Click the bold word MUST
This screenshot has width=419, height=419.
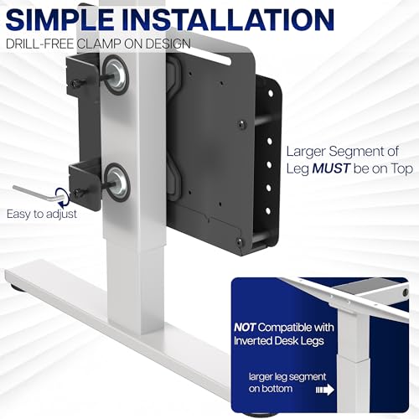coord(331,168)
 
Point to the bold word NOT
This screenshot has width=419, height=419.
coord(245,327)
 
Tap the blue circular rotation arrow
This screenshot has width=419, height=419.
coord(62,194)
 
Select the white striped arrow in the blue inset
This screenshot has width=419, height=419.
coord(325,390)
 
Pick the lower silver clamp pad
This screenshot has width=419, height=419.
coord(117,183)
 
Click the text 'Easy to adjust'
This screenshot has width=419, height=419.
coord(42,215)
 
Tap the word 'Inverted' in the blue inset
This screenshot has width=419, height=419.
coord(253,341)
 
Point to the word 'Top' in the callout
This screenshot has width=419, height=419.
coord(401,169)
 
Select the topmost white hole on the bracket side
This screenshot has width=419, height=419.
coord(270,93)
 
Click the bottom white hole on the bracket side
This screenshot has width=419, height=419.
coord(267,211)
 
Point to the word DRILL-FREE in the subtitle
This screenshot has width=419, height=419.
coord(39,44)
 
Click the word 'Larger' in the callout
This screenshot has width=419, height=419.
coord(306,153)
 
